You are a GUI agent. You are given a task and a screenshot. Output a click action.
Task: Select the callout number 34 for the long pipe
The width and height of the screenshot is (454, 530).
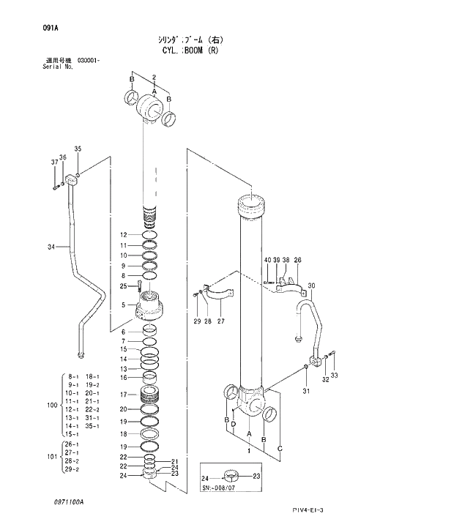(x=51, y=247)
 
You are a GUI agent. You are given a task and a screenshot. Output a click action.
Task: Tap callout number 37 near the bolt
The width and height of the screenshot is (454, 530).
(x=54, y=162)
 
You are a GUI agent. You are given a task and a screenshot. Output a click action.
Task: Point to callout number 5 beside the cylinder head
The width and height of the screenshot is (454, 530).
(x=124, y=305)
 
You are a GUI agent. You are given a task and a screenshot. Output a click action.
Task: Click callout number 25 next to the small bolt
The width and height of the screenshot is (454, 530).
(x=124, y=285)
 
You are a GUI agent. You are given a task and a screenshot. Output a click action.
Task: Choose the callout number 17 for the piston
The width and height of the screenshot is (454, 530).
(x=124, y=395)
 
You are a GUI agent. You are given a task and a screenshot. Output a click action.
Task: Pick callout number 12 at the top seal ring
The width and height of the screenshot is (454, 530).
(x=124, y=234)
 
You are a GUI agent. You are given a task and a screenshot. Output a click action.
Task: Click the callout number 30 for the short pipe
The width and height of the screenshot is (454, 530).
(x=311, y=285)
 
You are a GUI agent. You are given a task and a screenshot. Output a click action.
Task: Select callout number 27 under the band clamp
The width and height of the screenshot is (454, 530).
(x=220, y=321)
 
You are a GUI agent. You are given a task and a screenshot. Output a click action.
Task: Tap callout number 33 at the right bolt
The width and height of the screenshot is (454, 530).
(x=335, y=376)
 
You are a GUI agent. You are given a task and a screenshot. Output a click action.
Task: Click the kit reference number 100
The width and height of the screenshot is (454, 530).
(x=51, y=405)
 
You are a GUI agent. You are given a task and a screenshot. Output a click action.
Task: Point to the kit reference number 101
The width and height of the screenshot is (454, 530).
(x=51, y=457)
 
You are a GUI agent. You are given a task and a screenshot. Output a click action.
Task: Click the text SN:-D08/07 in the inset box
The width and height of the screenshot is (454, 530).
(x=219, y=487)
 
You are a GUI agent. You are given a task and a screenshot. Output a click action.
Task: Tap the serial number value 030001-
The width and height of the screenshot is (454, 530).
(x=89, y=61)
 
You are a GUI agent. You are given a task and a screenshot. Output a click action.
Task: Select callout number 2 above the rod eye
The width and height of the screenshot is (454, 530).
(x=155, y=77)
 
